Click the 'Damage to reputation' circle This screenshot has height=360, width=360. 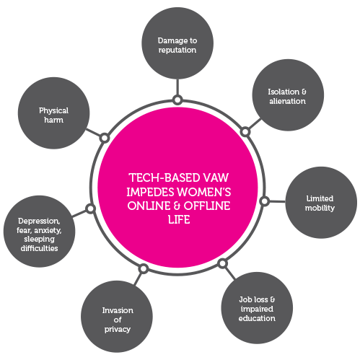click(x=177, y=43)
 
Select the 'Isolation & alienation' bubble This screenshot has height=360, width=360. click(x=288, y=95)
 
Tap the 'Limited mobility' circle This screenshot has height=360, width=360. click(x=321, y=203)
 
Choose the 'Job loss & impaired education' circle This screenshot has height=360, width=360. click(x=257, y=308)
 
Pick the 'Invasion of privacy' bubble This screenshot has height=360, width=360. click(x=117, y=317)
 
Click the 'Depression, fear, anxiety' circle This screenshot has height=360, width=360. click(x=39, y=232)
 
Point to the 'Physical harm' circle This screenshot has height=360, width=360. click(x=54, y=113)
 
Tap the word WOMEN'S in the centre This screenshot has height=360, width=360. click(x=204, y=192)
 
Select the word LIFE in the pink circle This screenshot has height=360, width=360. click(x=179, y=220)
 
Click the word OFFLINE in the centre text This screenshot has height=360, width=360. click(x=207, y=206)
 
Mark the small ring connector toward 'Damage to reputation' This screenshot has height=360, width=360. click(x=177, y=100)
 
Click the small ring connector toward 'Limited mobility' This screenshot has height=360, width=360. click(x=265, y=201)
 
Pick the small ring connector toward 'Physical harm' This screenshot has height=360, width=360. click(x=105, y=138)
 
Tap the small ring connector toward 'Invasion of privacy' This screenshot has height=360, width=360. click(x=144, y=268)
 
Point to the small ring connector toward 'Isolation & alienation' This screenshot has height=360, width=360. click(x=245, y=132)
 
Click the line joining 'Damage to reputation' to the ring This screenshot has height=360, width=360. click(x=177, y=87)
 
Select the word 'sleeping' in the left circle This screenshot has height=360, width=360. click(x=39, y=240)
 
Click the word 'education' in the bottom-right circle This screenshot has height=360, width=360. click(x=257, y=318)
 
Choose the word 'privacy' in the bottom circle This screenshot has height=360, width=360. click(x=118, y=329)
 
